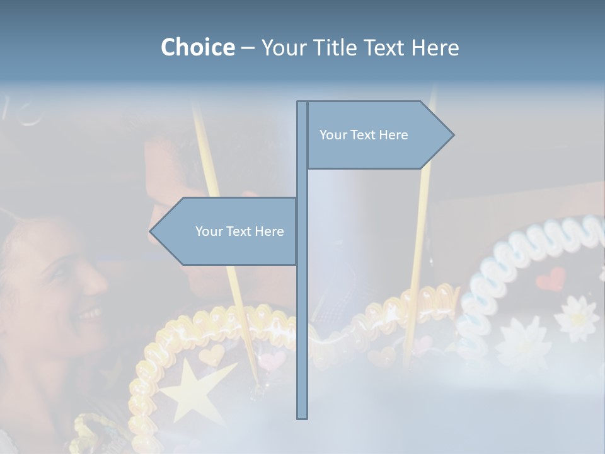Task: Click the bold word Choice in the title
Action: point(197,47)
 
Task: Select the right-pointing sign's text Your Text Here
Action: point(364,135)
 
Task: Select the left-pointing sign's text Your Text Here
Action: point(239,231)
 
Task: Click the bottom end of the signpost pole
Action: point(302,417)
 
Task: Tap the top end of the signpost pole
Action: point(302,103)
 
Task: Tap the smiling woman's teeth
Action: point(92,313)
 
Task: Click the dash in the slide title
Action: point(248,48)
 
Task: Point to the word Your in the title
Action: point(282,47)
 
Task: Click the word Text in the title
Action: point(384,47)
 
